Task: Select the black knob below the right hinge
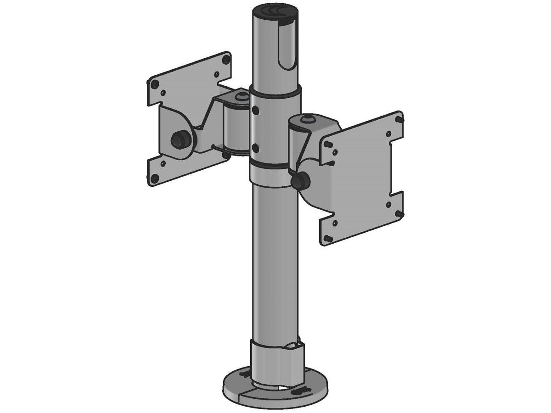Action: point(300,181)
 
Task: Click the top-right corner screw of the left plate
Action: point(225,59)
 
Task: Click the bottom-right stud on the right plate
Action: point(400,213)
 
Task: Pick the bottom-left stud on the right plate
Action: point(329,238)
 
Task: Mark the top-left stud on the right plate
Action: point(328,143)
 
